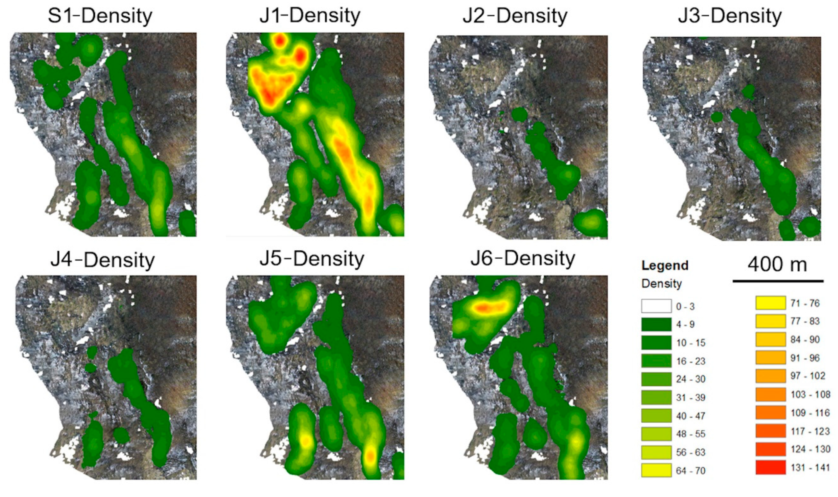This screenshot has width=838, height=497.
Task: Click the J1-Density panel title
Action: coord(310,15)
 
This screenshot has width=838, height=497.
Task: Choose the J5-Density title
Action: coord(312,259)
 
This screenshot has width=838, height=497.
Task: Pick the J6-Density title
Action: coord(523,259)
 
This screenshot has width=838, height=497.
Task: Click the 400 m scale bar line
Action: coord(778,281)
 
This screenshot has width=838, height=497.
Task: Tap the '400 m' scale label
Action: coord(777,265)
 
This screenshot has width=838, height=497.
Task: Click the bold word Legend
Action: coord(665,266)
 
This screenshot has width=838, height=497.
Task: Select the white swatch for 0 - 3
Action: coord(656,306)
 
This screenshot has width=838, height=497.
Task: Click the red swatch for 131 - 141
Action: coord(770,467)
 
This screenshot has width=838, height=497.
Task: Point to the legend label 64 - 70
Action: coord(691,471)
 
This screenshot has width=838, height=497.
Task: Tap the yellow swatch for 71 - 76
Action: coord(770,303)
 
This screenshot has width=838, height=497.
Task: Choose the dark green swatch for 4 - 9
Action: coord(656,324)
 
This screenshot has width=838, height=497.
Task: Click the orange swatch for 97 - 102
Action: coord(770,376)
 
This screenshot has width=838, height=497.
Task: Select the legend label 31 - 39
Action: coord(691,398)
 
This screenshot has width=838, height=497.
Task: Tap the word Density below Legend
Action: coord(662,284)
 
